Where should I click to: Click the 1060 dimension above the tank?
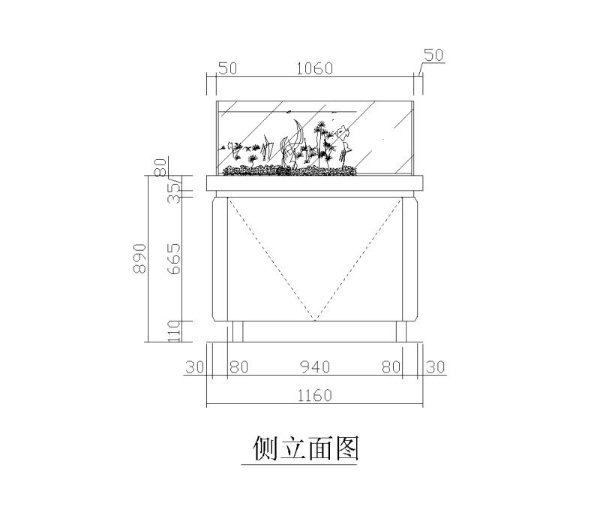(314, 68)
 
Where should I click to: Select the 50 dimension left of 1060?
(228, 68)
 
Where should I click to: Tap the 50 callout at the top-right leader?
(433, 55)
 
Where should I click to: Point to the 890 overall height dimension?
(139, 258)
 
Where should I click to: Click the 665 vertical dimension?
(173, 259)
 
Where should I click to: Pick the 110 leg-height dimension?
(173, 331)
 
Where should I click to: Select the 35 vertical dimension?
(173, 193)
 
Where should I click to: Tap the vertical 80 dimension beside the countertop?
(160, 167)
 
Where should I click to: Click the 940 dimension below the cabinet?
(314, 367)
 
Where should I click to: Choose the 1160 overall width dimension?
(314, 395)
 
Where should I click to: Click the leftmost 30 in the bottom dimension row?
(195, 367)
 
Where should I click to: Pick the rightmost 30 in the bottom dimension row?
(436, 367)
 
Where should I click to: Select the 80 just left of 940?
(239, 367)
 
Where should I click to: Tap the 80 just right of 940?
(391, 367)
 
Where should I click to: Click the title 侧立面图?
(305, 448)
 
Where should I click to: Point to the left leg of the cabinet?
(238, 331)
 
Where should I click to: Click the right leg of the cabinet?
(401, 331)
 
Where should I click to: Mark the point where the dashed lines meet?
(314, 320)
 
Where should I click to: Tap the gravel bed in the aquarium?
(289, 170)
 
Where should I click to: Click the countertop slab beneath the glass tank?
(315, 183)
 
